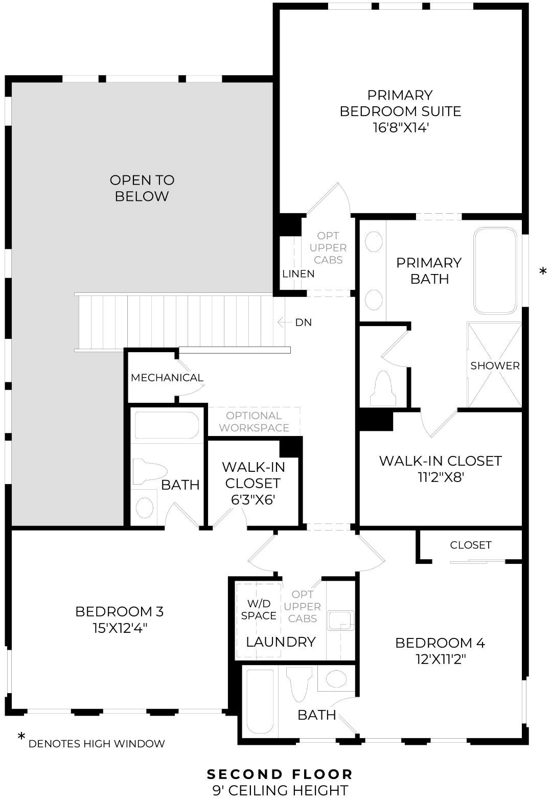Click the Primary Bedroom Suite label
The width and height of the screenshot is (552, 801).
click(400, 103)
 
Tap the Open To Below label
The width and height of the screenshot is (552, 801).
click(142, 188)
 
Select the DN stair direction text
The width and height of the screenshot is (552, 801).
click(303, 323)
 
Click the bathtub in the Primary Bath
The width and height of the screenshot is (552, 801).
click(495, 270)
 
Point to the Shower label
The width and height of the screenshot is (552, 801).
click(495, 365)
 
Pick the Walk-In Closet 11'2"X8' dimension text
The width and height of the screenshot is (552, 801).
click(440, 477)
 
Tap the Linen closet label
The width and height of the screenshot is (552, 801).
click(298, 274)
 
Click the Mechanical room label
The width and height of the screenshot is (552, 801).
click(167, 378)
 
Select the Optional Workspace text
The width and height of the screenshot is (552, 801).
click(254, 422)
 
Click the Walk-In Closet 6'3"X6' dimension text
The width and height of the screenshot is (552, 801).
click(254, 499)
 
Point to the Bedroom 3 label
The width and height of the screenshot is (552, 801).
click(119, 611)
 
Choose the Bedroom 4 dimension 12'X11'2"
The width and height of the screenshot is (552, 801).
click(440, 659)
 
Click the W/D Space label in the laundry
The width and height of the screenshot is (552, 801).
click(259, 610)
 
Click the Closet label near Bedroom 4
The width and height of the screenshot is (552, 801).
click(470, 545)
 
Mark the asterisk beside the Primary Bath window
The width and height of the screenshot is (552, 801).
click(543, 272)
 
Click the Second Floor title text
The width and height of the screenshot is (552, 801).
click(280, 774)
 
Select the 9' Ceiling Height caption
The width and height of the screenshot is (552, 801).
click(280, 790)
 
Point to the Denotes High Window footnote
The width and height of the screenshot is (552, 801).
click(97, 744)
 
